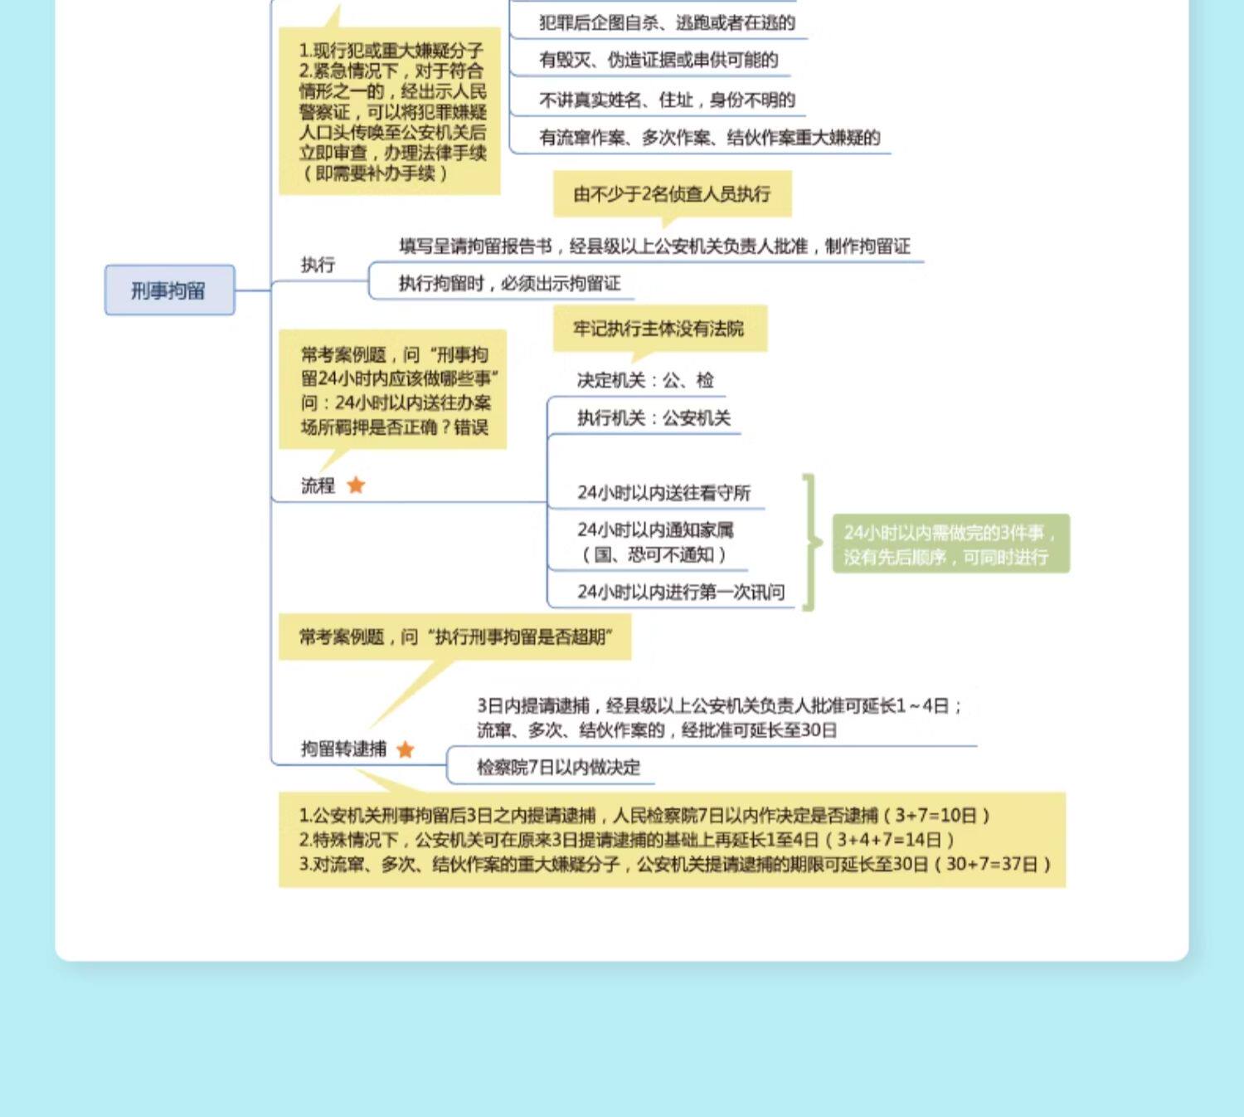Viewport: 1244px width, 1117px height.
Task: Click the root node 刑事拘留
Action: coord(169,290)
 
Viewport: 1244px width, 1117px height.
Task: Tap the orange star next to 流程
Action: coord(356,485)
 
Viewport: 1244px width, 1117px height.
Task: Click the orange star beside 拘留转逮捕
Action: coord(405,749)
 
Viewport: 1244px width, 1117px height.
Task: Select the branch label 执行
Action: coord(318,265)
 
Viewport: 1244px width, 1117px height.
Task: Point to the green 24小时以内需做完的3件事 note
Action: coord(950,544)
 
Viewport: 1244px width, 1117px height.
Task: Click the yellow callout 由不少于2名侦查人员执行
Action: coord(672,194)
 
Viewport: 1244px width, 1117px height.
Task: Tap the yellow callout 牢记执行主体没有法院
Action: coord(659,329)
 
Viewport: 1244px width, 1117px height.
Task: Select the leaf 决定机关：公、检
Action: coord(645,380)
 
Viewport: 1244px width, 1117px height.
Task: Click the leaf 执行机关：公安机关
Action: coord(654,418)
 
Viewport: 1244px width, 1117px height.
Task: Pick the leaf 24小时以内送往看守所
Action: coord(663,493)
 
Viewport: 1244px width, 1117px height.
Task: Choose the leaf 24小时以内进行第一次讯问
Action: coord(681,592)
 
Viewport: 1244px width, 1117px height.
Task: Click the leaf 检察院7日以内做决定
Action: coord(558,768)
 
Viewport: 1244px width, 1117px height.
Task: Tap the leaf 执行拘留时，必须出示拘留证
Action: coord(509,284)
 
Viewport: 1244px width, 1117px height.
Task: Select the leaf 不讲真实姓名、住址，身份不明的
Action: coord(667,100)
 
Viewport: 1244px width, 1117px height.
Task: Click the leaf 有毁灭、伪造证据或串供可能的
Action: coord(658,60)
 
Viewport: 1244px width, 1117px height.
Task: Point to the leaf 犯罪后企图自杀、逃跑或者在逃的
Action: coord(667,22)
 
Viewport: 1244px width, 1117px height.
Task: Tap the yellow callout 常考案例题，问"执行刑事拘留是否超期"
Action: coord(454,637)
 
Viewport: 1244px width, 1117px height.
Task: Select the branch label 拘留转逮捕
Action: coord(343,749)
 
